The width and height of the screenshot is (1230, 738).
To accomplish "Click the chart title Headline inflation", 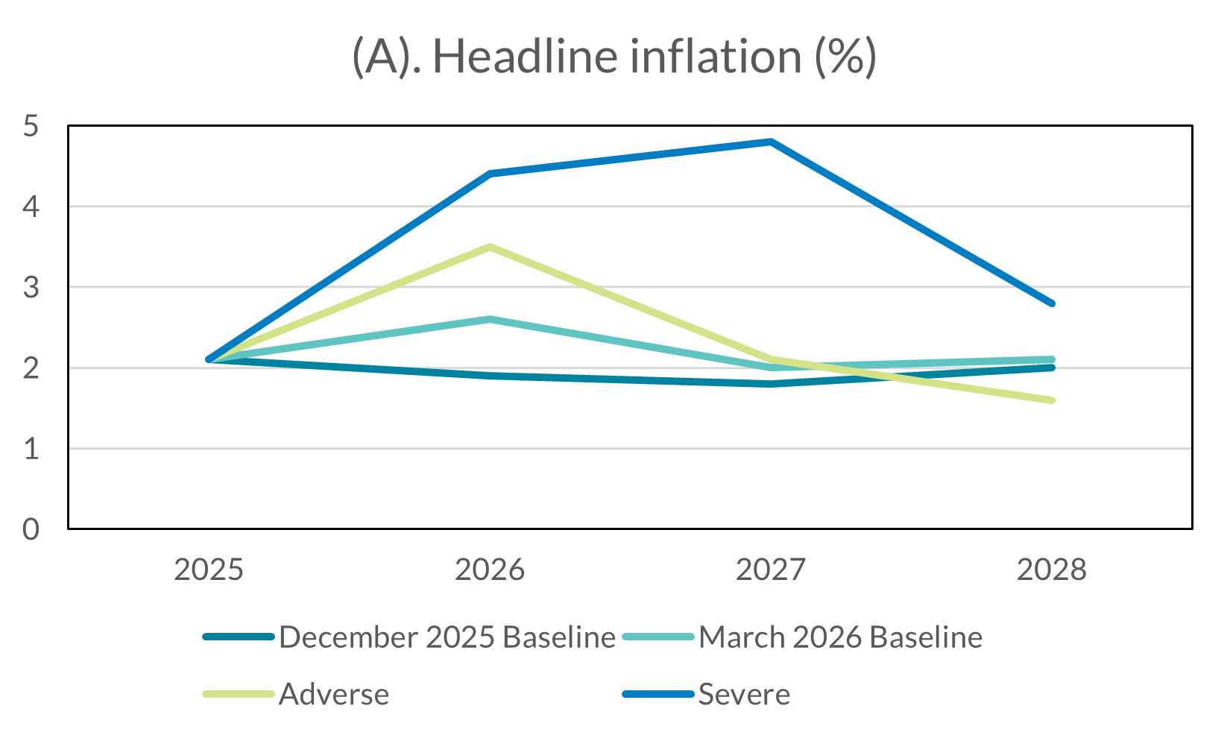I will pyautogui.click(x=614, y=57).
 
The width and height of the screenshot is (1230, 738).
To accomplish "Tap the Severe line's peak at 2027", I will pyautogui.click(x=771, y=142).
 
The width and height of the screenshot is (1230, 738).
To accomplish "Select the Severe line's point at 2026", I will pyautogui.click(x=490, y=174).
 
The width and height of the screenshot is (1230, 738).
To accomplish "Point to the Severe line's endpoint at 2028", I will pyautogui.click(x=1051, y=303).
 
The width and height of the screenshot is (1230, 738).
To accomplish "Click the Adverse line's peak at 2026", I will pyautogui.click(x=490, y=247).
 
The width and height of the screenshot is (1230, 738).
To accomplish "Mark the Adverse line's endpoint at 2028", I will pyautogui.click(x=1051, y=400).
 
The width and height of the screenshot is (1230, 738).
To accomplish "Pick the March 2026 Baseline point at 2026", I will pyautogui.click(x=490, y=319).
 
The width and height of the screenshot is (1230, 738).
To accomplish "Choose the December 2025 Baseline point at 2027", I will pyautogui.click(x=771, y=384).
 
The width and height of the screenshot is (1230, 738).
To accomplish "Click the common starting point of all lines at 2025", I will pyautogui.click(x=209, y=360).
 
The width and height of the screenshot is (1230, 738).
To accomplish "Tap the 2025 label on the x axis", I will pyautogui.click(x=209, y=570).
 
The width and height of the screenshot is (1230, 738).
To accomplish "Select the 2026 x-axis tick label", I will pyautogui.click(x=490, y=570).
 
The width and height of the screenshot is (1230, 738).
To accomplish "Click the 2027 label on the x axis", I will pyautogui.click(x=771, y=570).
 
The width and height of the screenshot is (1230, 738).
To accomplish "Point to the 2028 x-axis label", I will pyautogui.click(x=1051, y=570).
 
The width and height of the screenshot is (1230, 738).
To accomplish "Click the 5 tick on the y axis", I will pyautogui.click(x=31, y=126).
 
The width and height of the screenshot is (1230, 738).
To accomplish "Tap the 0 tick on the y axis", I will pyautogui.click(x=31, y=529).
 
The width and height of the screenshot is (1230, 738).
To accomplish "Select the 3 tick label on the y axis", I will pyautogui.click(x=31, y=288).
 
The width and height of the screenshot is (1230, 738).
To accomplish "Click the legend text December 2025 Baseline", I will pyautogui.click(x=447, y=637).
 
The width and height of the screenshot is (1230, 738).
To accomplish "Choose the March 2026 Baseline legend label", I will pyautogui.click(x=840, y=637).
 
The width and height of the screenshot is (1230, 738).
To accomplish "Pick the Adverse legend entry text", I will pyautogui.click(x=334, y=695).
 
